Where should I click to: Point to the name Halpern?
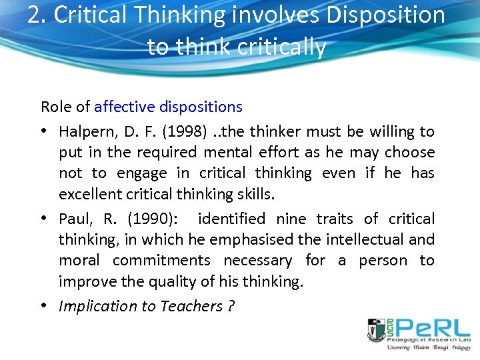[87, 132]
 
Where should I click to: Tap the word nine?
[294, 219]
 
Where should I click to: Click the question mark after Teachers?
[231, 306]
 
